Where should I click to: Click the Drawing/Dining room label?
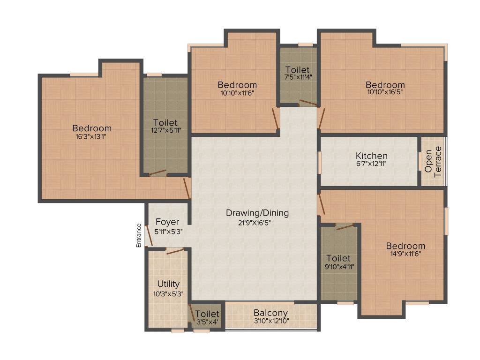coord(257,213)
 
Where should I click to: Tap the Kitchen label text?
coord(371,156)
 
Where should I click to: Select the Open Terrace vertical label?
coord(433,162)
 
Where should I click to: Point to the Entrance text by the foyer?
coord(139,235)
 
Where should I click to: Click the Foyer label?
coord(167,222)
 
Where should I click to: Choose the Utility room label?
coord(168,284)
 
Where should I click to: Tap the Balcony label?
coord(270,313)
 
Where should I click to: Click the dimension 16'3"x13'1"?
coord(92,137)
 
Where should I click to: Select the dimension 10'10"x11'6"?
coord(237,93)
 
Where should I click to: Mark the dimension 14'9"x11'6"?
coord(405,254)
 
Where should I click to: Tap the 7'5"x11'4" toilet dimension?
coord(298,77)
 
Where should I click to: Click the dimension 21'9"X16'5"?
coord(257,222)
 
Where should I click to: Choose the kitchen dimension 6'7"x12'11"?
coord(371,164)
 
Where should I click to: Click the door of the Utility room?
coord(174,251)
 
